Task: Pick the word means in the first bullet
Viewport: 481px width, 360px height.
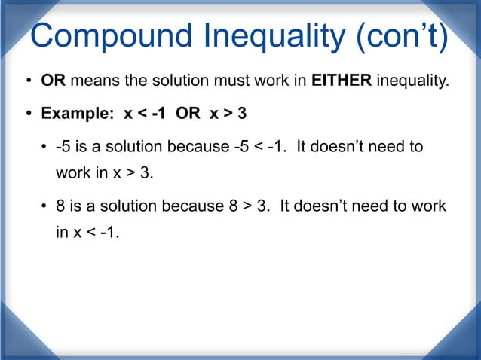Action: click(90, 81)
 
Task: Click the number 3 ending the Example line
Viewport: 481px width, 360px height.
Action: click(241, 114)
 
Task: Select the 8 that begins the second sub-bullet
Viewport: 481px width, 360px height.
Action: click(61, 206)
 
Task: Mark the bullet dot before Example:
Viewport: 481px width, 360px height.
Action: click(29, 115)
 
